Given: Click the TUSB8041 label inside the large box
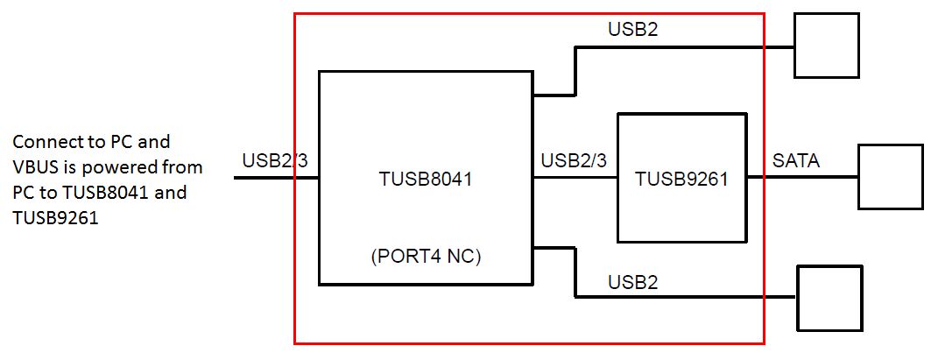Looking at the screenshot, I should click(426, 180).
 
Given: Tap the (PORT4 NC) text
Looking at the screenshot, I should click(426, 258).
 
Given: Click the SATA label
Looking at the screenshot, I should click(796, 162).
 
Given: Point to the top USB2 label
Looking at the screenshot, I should click(632, 30).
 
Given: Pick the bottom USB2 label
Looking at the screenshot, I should click(632, 282).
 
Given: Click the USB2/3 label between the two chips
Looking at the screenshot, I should click(574, 161).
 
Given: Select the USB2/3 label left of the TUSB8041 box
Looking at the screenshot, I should click(275, 161).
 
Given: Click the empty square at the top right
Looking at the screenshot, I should click(826, 46).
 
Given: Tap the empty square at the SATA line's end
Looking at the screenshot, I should click(890, 177).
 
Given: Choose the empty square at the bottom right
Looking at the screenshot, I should click(829, 298).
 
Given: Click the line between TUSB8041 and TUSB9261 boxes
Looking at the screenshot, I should click(575, 178).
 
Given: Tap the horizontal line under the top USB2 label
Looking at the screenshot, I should click(683, 46).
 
